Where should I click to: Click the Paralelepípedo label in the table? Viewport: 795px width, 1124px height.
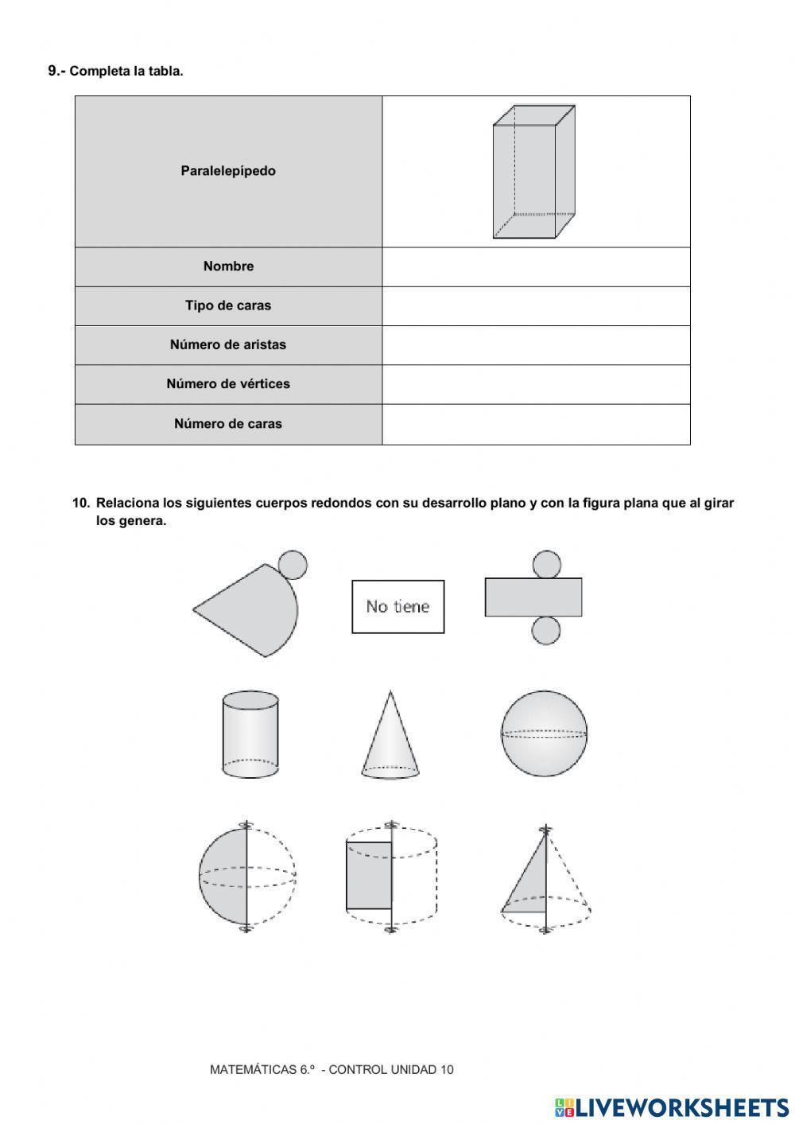click(x=228, y=171)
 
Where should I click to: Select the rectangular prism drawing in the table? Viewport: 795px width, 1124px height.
click(x=533, y=172)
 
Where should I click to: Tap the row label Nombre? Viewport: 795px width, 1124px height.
click(x=228, y=266)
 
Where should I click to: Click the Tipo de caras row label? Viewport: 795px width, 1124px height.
click(x=228, y=305)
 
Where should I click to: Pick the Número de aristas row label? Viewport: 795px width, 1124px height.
click(x=228, y=344)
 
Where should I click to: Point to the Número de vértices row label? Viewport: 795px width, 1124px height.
click(x=228, y=384)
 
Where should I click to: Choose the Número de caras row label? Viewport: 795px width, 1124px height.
click(x=228, y=424)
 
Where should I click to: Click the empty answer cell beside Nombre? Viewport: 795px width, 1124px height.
click(x=536, y=266)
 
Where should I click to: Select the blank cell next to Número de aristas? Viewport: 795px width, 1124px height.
click(x=536, y=344)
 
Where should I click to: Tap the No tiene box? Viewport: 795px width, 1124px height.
click(x=397, y=606)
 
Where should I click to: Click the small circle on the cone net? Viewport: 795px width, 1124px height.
click(x=293, y=565)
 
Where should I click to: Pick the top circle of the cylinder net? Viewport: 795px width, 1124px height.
click(x=546, y=564)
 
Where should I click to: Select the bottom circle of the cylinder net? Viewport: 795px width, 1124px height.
click(x=546, y=630)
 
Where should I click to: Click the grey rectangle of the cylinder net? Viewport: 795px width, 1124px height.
click(x=533, y=597)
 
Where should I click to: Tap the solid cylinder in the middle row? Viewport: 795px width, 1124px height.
click(x=250, y=733)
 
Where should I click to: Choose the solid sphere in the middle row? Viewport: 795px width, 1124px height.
click(x=545, y=733)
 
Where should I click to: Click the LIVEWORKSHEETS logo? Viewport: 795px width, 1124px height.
click(x=672, y=1106)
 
